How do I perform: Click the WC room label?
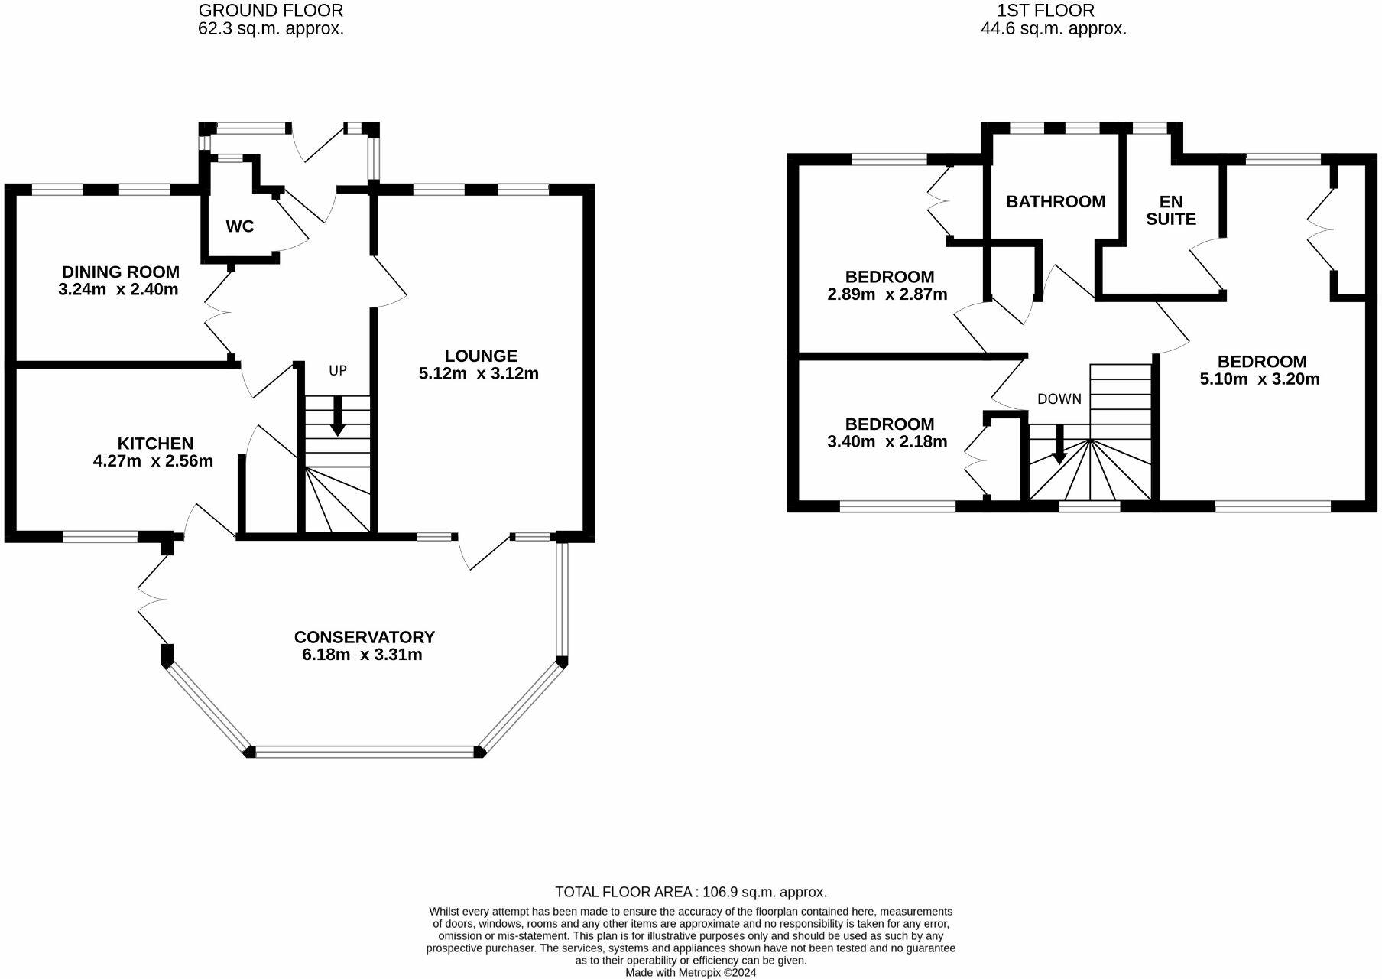point(239,226)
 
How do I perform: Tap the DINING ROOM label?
point(120,272)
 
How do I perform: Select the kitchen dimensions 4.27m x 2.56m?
point(152,461)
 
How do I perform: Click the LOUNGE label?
point(480,356)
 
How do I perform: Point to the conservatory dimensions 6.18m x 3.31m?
point(362,655)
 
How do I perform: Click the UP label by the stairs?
point(337,370)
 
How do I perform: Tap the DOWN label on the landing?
point(1059,398)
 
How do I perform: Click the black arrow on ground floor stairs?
point(336,424)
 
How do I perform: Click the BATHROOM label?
point(1055,201)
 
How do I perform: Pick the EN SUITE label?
point(1171,210)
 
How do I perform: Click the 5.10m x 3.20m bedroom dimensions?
point(1260,379)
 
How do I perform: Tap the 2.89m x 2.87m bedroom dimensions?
point(887,294)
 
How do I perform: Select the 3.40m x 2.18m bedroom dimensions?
point(887,441)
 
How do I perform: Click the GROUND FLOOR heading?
point(271,11)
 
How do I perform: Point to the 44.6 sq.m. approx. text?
point(1053,29)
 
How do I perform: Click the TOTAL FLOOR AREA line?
point(690,892)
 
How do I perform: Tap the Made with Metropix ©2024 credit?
point(690,973)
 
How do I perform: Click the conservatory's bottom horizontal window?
point(365,753)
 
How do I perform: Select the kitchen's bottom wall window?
point(99,537)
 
